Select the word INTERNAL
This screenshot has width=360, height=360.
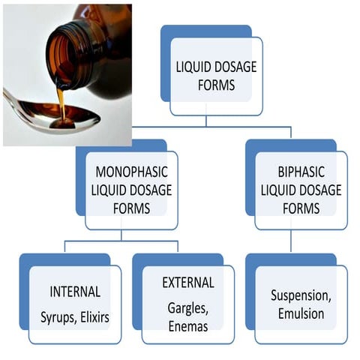(75, 291)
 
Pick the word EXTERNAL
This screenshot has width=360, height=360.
(188, 283)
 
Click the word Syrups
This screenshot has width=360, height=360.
(58, 317)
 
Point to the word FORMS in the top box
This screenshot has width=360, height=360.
(216, 85)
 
